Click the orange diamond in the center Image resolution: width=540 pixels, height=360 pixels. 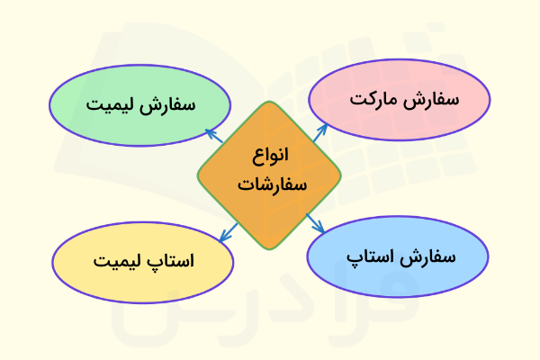tap(269, 175)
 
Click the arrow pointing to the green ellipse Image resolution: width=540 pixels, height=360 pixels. tap(214, 136)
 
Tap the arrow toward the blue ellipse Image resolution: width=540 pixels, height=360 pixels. tap(316, 224)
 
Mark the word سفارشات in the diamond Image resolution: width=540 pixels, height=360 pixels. tap(271, 186)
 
